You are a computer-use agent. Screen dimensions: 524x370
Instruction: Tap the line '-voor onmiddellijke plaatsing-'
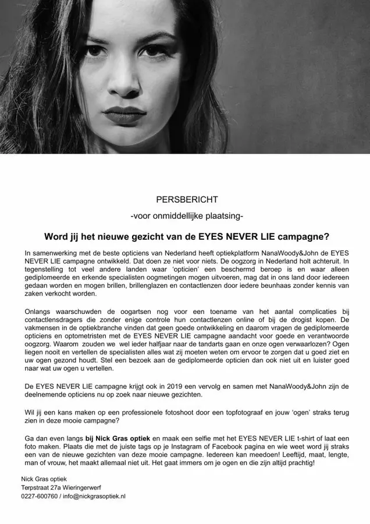(187, 216)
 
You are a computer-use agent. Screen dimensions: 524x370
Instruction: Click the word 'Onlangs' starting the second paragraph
(39, 311)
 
